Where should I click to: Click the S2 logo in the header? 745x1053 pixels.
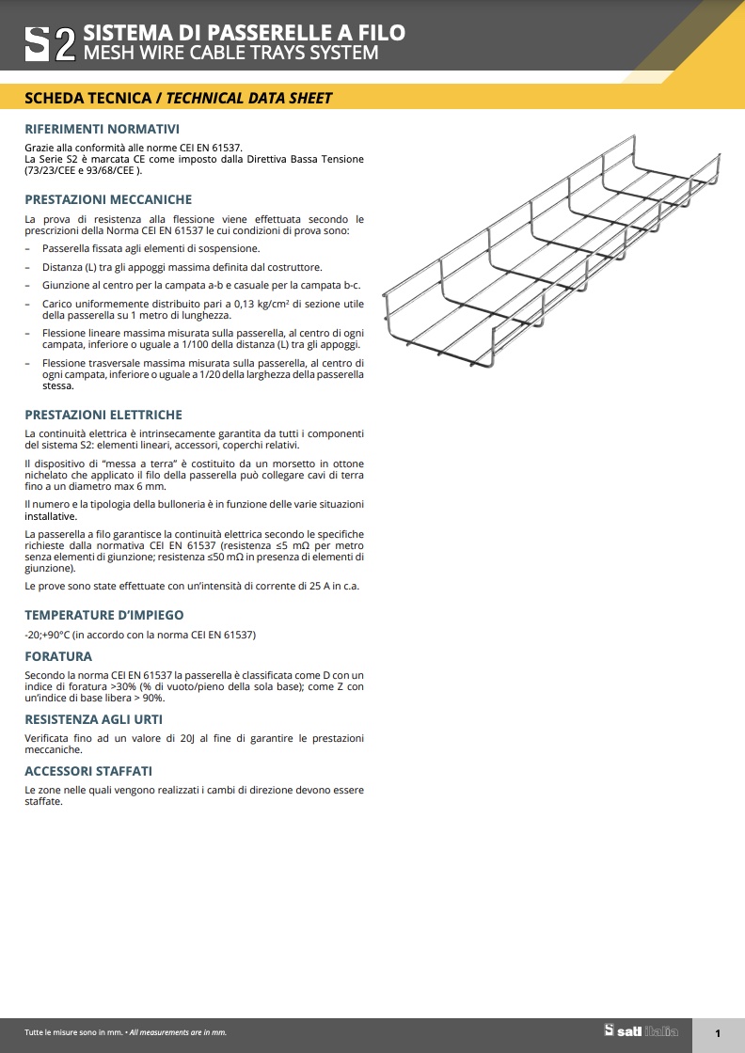pyautogui.click(x=50, y=43)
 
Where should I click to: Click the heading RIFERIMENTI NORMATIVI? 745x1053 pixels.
pyautogui.click(x=102, y=129)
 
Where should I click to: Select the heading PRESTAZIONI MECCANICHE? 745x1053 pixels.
pyautogui.click(x=108, y=199)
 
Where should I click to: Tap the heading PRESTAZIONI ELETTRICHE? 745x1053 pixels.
pyautogui.click(x=103, y=415)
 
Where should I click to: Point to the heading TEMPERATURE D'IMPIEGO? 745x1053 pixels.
pyautogui.click(x=104, y=615)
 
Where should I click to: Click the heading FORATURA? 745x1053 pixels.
pyautogui.click(x=58, y=656)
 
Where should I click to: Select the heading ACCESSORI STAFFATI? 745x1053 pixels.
pyautogui.click(x=88, y=771)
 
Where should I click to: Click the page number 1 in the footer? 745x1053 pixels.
pyautogui.click(x=718, y=1034)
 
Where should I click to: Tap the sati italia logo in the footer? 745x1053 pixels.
pyautogui.click(x=641, y=1031)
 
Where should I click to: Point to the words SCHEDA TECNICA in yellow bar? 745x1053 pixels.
pyautogui.click(x=87, y=98)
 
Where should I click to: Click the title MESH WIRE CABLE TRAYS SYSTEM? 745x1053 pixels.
pyautogui.click(x=231, y=54)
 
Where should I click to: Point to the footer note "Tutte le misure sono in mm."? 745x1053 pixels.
pyautogui.click(x=73, y=1032)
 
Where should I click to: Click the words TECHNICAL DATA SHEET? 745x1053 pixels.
pyautogui.click(x=249, y=98)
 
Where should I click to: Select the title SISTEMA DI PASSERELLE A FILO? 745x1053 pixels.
pyautogui.click(x=245, y=33)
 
